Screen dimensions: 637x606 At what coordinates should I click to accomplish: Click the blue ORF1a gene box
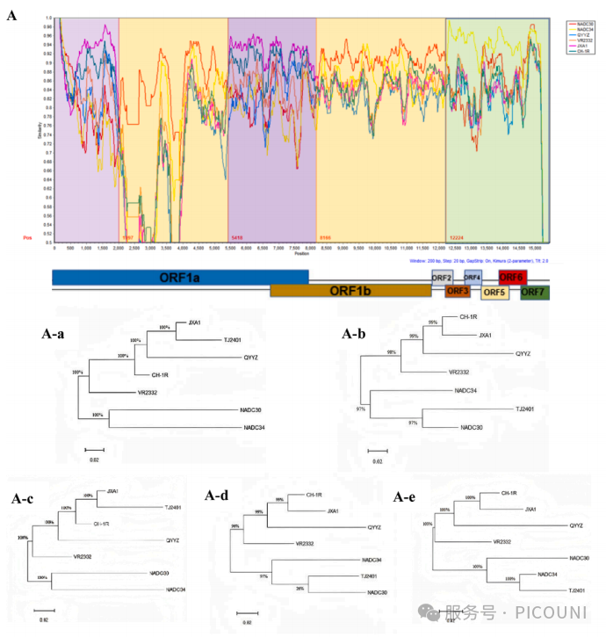pos(180,277)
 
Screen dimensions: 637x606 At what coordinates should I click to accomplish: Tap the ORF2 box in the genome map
pos(442,278)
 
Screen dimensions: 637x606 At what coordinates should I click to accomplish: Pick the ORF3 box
pos(458,292)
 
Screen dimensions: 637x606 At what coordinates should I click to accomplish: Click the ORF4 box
pos(473,278)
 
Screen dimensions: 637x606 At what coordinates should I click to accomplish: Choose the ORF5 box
pos(494,293)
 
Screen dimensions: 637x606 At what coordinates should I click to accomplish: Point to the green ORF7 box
pos(534,293)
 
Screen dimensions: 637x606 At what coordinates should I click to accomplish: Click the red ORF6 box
pos(511,278)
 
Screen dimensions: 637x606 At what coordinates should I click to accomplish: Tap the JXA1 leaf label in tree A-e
pos(532,509)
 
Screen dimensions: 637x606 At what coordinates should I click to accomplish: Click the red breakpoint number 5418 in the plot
pos(236,238)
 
